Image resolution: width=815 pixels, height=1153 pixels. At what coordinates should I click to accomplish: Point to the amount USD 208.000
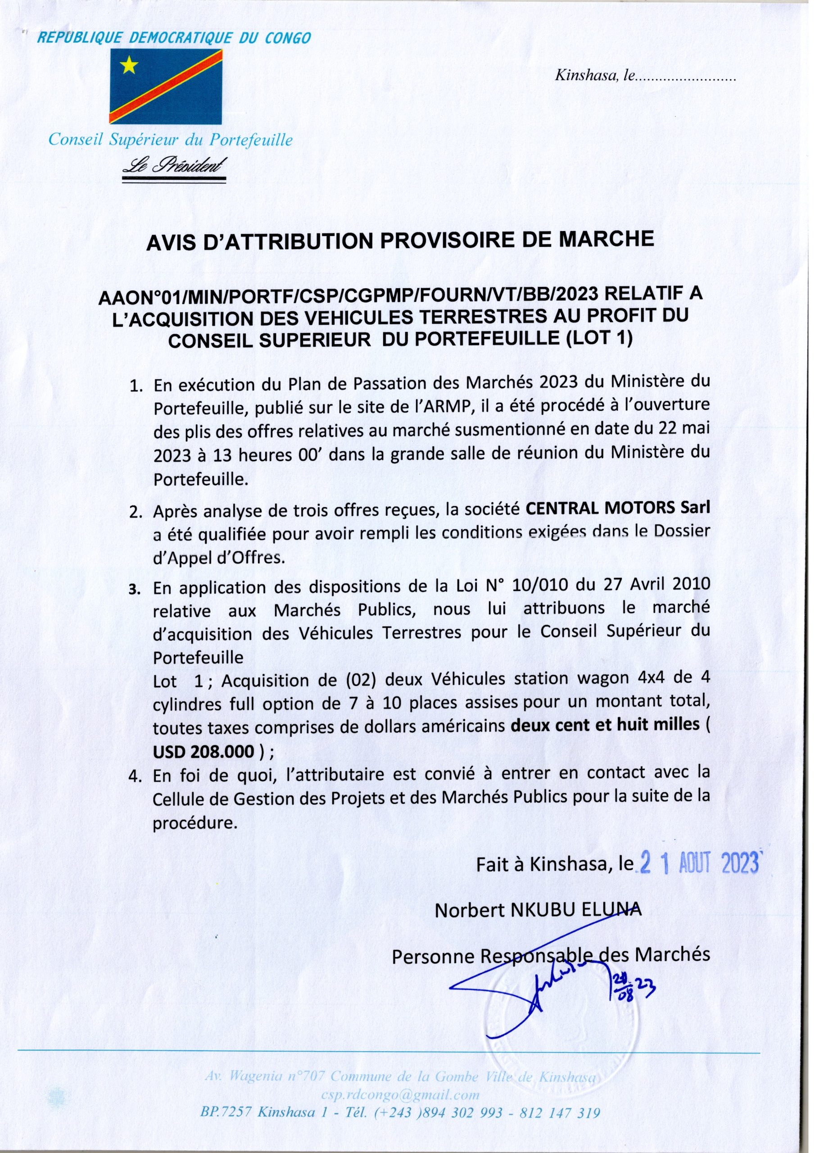(x=204, y=752)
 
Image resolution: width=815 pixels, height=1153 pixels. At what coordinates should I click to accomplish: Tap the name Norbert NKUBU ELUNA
(x=538, y=910)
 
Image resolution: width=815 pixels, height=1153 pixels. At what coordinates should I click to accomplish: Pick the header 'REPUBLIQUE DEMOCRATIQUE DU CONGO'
(x=175, y=38)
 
